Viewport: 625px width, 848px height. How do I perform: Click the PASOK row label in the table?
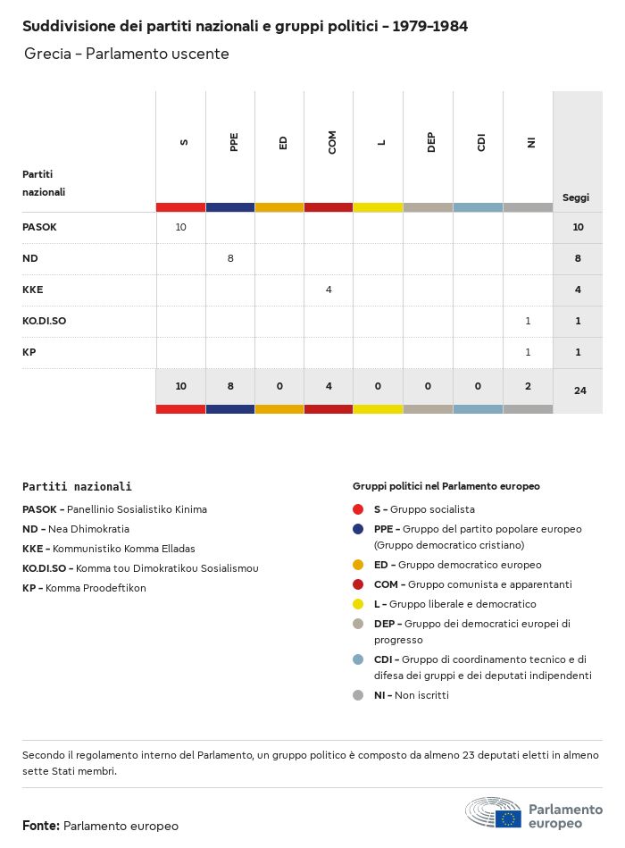click(x=39, y=227)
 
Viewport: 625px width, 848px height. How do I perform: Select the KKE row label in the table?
click(x=33, y=290)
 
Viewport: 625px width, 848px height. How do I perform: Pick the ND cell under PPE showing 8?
click(x=230, y=258)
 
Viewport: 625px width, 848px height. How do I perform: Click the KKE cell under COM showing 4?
click(x=329, y=290)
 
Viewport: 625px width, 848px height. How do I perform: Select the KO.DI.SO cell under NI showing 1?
click(x=528, y=321)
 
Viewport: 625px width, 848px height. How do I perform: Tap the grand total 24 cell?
click(x=579, y=390)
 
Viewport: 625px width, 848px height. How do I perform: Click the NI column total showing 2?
click(x=528, y=386)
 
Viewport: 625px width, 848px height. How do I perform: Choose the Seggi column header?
click(x=576, y=197)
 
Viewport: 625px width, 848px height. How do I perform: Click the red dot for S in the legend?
click(x=358, y=509)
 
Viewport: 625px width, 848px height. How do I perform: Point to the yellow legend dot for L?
click(x=358, y=604)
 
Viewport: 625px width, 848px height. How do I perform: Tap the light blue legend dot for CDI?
click(x=358, y=659)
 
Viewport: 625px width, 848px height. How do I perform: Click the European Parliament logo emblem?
click(x=493, y=812)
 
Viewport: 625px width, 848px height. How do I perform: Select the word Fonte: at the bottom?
click(x=41, y=826)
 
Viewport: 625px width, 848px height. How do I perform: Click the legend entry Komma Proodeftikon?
click(x=96, y=588)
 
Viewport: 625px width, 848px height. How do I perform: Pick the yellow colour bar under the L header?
click(x=378, y=207)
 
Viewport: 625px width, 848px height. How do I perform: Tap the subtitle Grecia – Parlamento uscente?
click(x=127, y=54)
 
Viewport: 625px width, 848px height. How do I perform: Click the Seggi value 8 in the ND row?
click(x=578, y=258)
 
